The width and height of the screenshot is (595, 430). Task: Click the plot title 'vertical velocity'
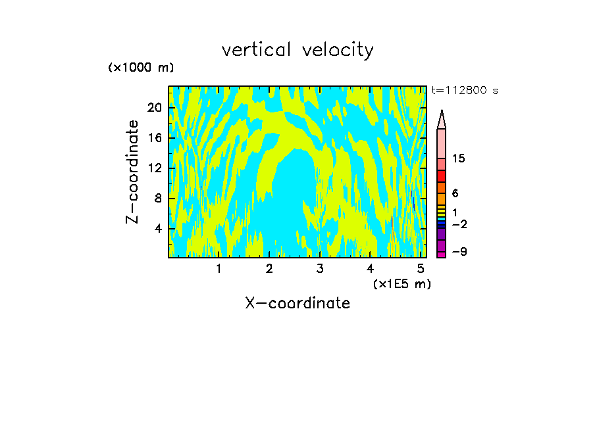[x=297, y=50]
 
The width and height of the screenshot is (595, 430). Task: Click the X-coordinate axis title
[x=297, y=303]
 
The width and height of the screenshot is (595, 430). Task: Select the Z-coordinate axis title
[x=134, y=172]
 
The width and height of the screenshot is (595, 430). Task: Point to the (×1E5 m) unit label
[x=401, y=284]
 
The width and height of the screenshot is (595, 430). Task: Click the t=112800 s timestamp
[x=465, y=91]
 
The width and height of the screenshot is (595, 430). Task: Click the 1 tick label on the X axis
[x=219, y=269]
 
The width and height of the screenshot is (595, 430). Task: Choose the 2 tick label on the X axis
[x=269, y=269]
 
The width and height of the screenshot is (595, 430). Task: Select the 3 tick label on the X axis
[x=320, y=269]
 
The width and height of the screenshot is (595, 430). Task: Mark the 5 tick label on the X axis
[x=421, y=269]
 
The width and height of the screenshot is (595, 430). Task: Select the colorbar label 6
[x=455, y=193]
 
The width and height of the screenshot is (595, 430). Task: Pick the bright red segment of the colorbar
[x=441, y=176]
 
